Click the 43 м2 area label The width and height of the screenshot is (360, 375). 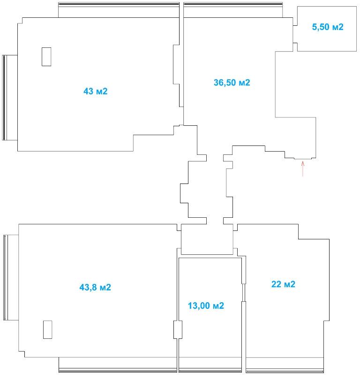click(95, 91)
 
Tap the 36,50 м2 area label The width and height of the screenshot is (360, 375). click(232, 83)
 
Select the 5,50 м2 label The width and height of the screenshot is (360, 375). click(328, 27)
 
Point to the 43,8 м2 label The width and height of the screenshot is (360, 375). click(95, 287)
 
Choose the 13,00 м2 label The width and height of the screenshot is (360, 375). click(206, 306)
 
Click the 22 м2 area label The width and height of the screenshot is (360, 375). click(283, 284)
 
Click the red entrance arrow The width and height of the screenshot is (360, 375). click(303, 169)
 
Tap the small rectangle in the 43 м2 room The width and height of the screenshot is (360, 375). click(46, 57)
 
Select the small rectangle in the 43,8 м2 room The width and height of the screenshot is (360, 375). click(47, 329)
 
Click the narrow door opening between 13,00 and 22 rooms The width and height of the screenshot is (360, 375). click(244, 292)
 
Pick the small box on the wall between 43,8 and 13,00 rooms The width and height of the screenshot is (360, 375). click(178, 329)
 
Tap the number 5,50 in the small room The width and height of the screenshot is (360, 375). click(321, 27)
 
